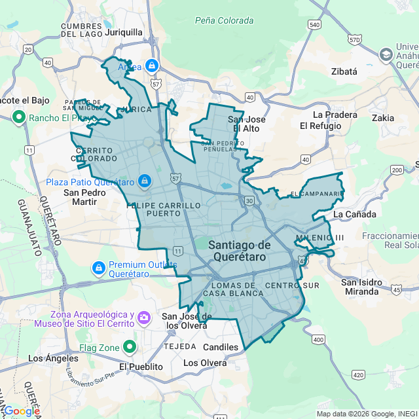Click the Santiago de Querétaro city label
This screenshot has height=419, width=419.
pos(240,251)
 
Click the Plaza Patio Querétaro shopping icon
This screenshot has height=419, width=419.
pos(144,181)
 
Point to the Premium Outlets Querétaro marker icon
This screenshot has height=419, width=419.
pos(99,267)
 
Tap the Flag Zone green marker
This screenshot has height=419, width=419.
pos(130,347)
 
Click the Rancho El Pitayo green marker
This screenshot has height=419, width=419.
pos(18,118)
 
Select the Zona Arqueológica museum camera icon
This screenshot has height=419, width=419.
pos(145,318)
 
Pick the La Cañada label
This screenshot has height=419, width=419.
pos(354,214)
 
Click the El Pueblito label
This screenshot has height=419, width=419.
pos(141,367)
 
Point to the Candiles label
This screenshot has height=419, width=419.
pos(221,346)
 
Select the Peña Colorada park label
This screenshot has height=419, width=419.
pos(225,20)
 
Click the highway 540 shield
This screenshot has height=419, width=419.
pos(314,25)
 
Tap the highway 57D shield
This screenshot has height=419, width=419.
pos(355,40)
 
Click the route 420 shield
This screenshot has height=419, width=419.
pos(358,375)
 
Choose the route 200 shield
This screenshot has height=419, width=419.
pos(397,170)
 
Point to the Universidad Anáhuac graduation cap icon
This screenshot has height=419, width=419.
pos(386,54)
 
